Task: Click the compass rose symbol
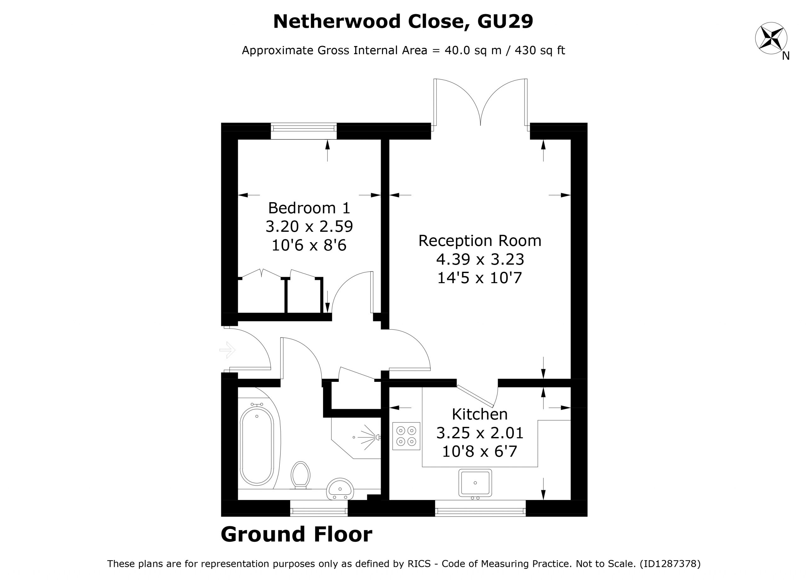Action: [771, 38]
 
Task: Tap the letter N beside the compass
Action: [786, 56]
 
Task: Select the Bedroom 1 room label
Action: [309, 208]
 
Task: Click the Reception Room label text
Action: [480, 241]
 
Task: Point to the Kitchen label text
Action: [480, 414]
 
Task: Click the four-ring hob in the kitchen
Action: [406, 436]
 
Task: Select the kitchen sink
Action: [475, 483]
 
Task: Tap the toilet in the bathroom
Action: [300, 475]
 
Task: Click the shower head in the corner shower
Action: [378, 437]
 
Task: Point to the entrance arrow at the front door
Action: [227, 350]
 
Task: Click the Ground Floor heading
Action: [296, 534]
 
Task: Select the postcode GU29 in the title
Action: [505, 21]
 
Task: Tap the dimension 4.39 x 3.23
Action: [480, 259]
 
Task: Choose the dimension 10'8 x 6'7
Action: [480, 452]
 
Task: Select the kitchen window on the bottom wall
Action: [480, 508]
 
